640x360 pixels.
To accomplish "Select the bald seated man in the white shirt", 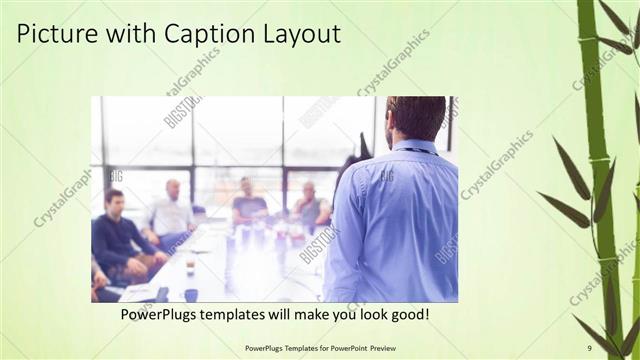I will [x=171, y=211].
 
